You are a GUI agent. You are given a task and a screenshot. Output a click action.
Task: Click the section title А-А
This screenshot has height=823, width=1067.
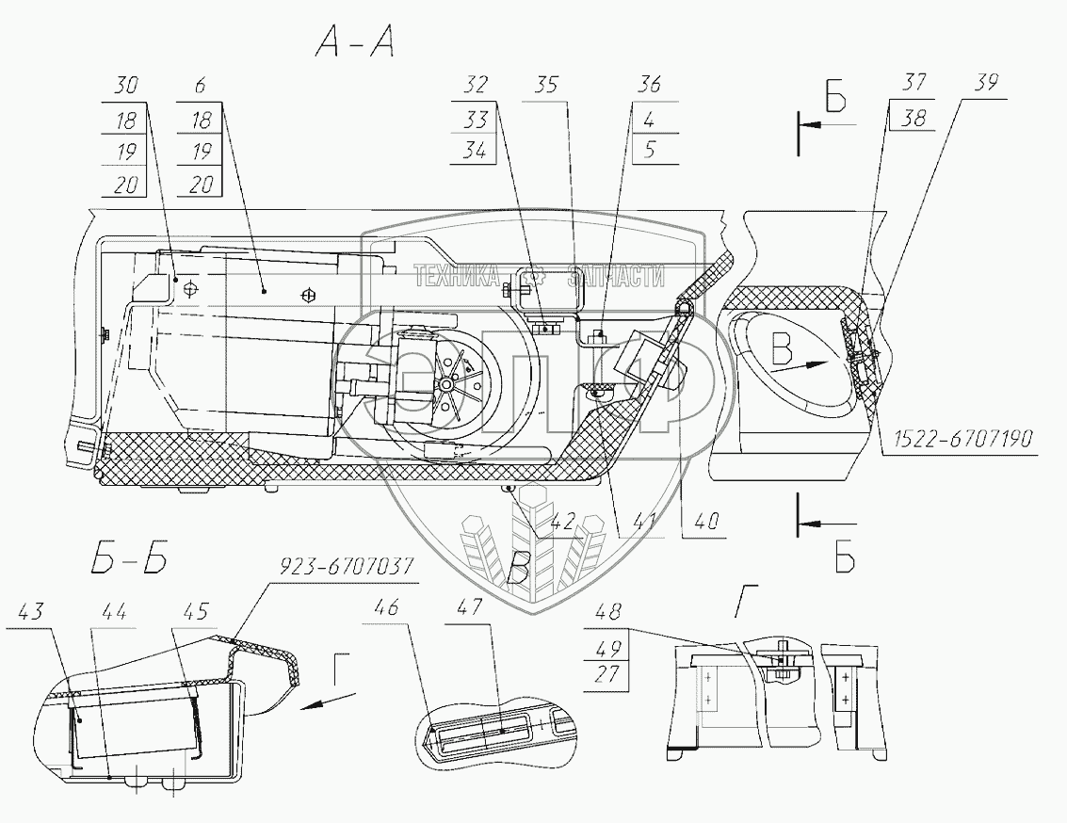[355, 44]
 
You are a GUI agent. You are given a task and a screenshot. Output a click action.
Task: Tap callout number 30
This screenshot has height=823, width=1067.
[126, 85]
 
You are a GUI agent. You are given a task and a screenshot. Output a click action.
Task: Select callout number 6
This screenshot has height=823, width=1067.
[200, 86]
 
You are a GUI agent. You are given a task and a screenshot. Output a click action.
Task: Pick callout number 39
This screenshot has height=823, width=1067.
[985, 82]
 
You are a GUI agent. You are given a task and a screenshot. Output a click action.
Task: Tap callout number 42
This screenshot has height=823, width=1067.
[561, 522]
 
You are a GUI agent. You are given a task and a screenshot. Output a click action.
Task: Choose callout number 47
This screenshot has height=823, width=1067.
[470, 606]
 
